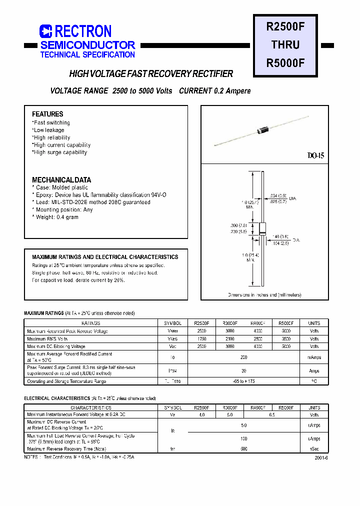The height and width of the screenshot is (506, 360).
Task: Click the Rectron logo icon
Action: coord(46,31)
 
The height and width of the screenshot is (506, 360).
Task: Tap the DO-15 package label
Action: coord(315,156)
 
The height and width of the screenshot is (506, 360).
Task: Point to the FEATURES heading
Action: coord(47,114)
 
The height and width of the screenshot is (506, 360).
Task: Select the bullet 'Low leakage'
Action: coord(49,130)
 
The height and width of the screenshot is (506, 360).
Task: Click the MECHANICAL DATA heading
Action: coord(61,180)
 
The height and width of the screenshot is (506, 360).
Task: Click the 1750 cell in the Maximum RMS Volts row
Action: coord(201,338)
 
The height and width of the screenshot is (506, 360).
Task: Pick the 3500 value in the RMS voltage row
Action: coord(285,338)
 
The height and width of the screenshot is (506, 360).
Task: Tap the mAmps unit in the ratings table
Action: coord(314,357)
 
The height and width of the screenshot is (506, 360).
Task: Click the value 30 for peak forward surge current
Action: coord(243,370)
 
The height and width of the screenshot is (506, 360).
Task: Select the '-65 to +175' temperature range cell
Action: coord(243,381)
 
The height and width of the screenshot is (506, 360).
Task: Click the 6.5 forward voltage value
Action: coord(271,414)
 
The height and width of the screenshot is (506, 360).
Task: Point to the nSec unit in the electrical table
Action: coord(314,448)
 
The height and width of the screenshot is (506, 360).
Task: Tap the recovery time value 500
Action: coord(243,448)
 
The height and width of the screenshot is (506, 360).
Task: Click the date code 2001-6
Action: coord(321,457)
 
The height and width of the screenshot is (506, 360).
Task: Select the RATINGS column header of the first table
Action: coord(90,323)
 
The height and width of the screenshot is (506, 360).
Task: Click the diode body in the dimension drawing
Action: coord(262,229)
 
